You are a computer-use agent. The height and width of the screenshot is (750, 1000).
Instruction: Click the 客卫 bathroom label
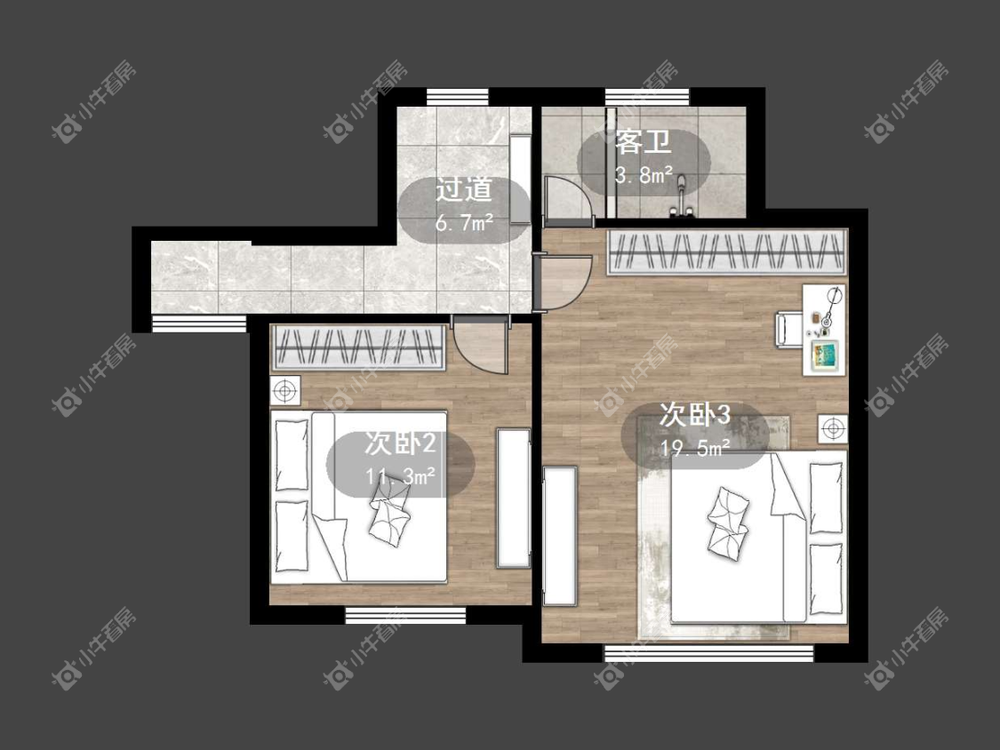point(643,141)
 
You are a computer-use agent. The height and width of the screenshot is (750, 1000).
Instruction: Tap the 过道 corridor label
point(464,189)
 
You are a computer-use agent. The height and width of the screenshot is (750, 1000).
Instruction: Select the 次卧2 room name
point(401,443)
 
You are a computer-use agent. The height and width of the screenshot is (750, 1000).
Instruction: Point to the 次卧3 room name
point(694,415)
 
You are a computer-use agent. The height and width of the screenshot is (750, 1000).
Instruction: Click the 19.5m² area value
point(694,449)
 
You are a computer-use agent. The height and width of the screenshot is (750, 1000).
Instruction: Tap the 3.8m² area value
point(644,174)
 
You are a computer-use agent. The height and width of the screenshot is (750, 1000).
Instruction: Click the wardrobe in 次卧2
point(358,347)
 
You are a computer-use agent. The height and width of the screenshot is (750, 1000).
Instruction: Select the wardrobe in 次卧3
point(726,251)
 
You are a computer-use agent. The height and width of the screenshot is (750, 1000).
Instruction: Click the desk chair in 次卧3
point(789,331)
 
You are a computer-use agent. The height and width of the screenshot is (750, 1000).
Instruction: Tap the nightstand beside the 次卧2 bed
point(285,390)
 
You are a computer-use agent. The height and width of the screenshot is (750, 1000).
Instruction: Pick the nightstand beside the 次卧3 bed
point(833,428)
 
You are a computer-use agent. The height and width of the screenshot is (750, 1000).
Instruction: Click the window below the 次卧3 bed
point(709,653)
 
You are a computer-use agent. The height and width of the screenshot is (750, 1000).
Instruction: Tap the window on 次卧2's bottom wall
point(405,616)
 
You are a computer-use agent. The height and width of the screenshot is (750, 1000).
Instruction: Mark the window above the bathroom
point(647,97)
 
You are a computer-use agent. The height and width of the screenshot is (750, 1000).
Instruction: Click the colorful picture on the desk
point(825,355)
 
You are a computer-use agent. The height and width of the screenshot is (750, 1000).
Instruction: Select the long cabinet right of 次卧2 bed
point(514,499)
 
